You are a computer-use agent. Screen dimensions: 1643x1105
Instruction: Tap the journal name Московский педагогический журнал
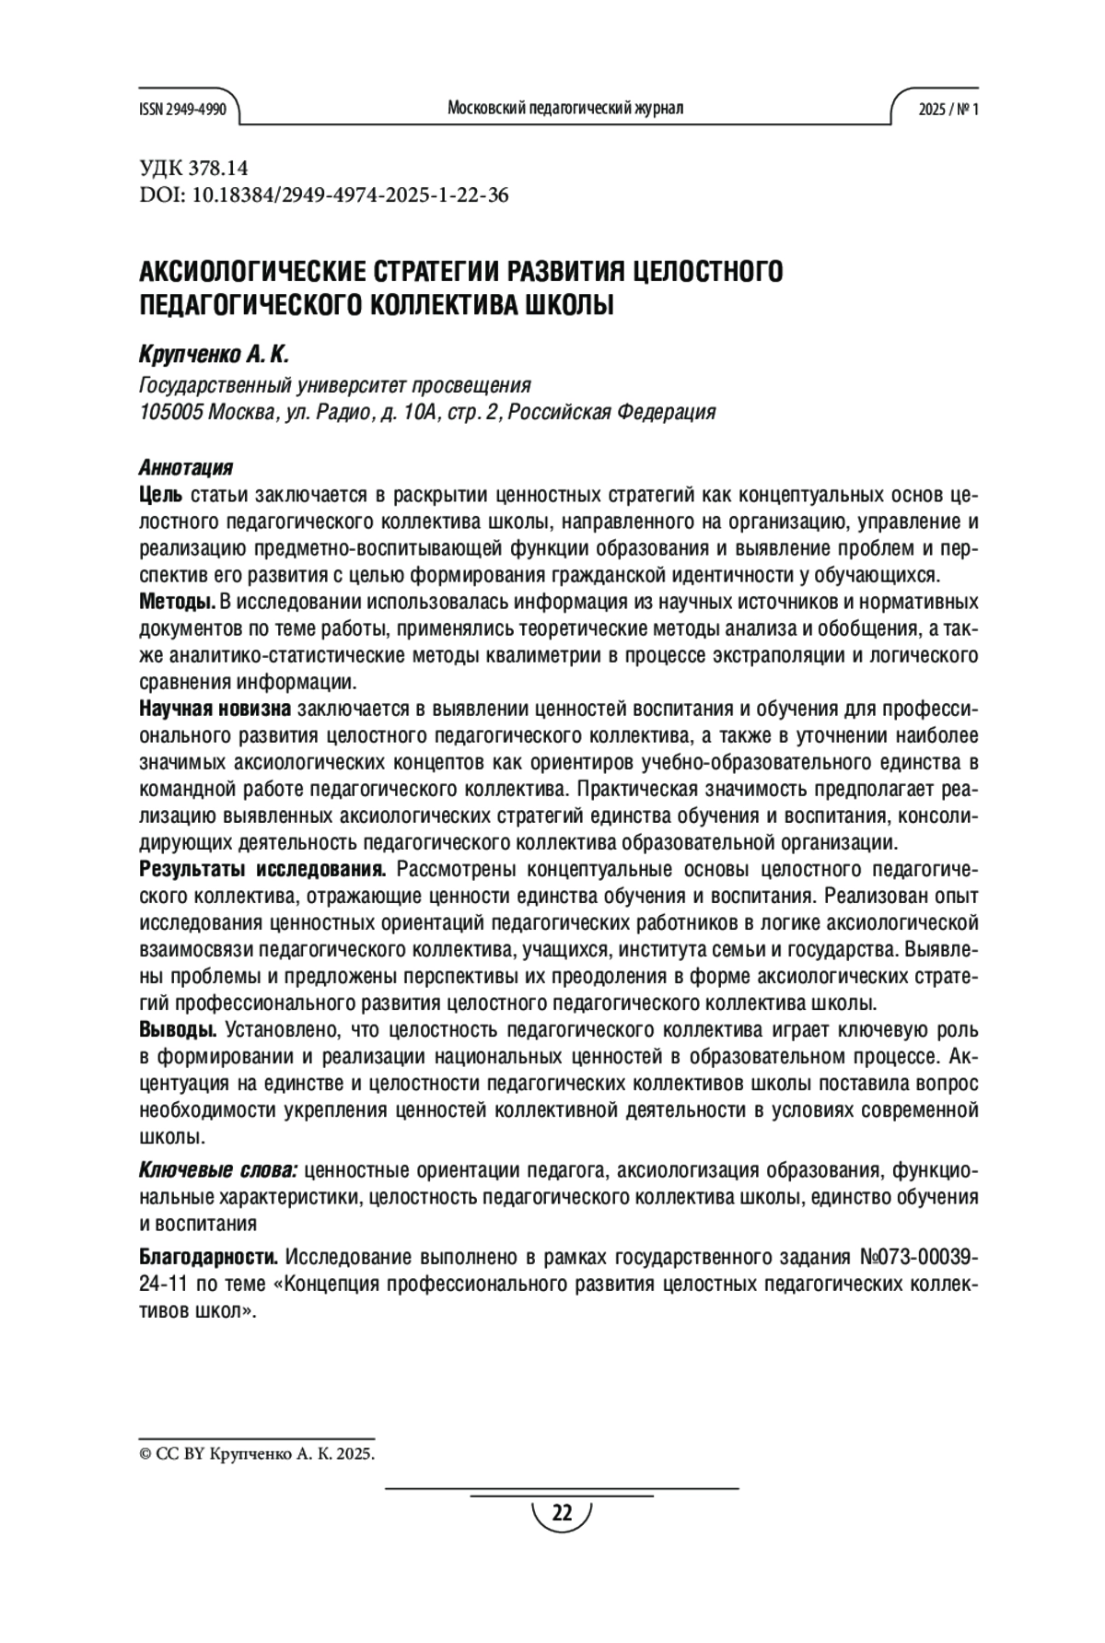(564, 109)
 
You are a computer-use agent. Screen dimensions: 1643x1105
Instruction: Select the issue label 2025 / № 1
(948, 109)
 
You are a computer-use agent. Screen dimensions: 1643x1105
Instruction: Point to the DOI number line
(323, 195)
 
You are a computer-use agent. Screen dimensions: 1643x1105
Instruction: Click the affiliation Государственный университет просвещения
(334, 384)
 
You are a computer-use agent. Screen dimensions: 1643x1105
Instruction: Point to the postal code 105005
(170, 412)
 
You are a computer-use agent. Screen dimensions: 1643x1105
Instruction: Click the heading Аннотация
(185, 467)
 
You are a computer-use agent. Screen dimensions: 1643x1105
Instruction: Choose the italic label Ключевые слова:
(217, 1171)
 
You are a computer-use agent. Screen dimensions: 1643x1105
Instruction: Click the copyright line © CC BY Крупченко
(257, 1454)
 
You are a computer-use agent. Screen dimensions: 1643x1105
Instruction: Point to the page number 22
(562, 1513)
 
